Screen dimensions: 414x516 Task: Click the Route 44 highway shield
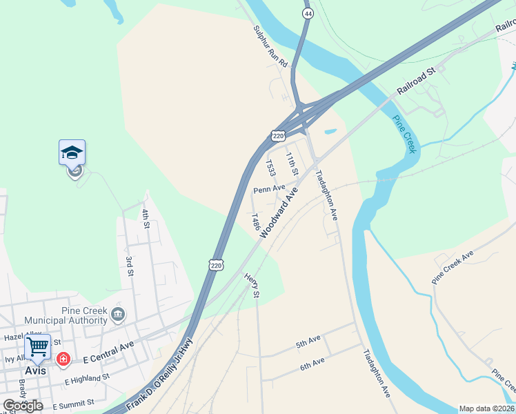(308, 13)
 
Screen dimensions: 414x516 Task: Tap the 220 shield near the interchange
(278, 136)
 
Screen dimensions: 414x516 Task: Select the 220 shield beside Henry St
(216, 264)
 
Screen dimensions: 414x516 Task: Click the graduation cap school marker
(72, 153)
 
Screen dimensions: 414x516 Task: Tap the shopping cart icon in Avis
(38, 346)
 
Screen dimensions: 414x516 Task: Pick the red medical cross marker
(63, 359)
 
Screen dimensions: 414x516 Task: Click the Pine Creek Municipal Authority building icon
(117, 315)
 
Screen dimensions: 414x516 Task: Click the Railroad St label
(417, 81)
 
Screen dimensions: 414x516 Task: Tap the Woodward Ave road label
(279, 213)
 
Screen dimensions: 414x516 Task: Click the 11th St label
(294, 164)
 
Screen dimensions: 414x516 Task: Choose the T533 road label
(270, 169)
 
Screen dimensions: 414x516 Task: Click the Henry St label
(251, 285)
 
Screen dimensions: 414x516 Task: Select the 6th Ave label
(312, 363)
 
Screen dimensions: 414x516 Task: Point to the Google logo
(23, 405)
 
